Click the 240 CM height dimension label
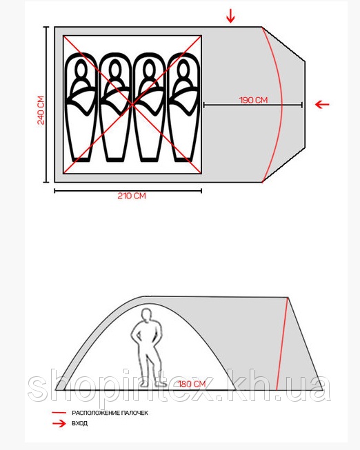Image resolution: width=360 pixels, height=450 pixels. click(41, 110)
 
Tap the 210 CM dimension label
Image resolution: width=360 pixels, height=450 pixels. click(132, 196)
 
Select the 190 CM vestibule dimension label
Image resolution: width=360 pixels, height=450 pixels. click(253, 100)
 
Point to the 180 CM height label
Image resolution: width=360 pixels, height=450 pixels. click(192, 384)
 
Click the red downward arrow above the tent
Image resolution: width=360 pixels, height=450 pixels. click(230, 16)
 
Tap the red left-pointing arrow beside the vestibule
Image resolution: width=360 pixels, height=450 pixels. click(322, 104)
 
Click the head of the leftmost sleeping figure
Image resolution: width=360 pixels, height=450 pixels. click(81, 68)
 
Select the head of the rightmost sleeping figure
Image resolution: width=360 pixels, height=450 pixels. click(183, 68)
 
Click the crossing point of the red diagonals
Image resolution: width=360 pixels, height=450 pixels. click(132, 105)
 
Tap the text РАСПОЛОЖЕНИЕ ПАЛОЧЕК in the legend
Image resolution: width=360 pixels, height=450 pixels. click(110, 413)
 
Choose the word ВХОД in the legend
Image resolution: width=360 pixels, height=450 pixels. click(79, 423)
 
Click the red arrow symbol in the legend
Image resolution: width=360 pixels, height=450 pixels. click(59, 423)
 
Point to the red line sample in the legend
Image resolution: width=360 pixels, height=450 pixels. click(59, 413)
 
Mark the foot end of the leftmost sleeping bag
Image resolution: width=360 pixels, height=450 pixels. click(81, 159)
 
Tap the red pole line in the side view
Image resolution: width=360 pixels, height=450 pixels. click(282, 344)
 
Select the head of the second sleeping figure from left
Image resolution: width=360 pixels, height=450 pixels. click(115, 68)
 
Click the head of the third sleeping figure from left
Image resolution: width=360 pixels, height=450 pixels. click(149, 68)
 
